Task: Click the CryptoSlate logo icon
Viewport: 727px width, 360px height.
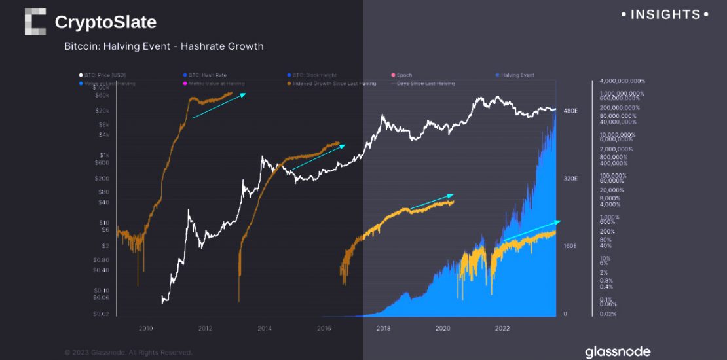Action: [35, 22]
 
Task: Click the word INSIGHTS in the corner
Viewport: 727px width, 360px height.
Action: [665, 14]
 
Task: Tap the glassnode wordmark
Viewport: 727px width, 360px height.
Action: [618, 352]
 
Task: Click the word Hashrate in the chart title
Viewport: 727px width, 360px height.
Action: [202, 46]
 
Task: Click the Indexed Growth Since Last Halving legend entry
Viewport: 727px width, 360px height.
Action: [335, 84]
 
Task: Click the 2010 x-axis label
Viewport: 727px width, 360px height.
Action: [145, 328]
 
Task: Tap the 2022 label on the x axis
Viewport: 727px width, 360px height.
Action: [502, 328]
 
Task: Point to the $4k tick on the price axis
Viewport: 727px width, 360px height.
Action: [103, 135]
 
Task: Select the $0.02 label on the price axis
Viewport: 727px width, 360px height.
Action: [101, 314]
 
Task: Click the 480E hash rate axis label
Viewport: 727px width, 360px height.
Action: [571, 111]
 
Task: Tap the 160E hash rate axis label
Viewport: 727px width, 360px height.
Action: [571, 246]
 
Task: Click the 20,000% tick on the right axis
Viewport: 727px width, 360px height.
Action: [612, 190]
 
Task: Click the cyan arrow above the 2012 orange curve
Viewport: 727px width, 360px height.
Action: [219, 106]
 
